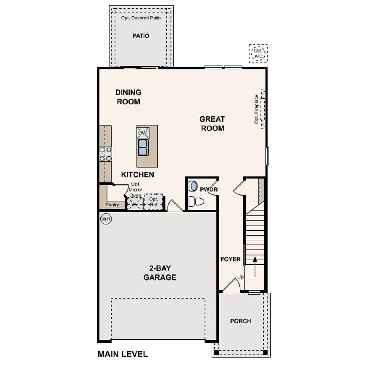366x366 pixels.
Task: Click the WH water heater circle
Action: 106,219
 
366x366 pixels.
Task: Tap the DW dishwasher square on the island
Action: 142,133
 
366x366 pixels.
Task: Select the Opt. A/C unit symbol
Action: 258,54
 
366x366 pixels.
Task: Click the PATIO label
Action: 141,36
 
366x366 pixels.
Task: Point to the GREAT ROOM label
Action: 212,124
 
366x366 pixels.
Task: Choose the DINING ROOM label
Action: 128,97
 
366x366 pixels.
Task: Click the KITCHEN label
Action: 137,175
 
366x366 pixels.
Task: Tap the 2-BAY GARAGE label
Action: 160,273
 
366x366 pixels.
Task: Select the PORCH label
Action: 241,321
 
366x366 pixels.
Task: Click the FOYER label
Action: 230,259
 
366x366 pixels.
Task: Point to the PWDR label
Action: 209,190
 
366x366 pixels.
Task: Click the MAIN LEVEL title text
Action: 123,354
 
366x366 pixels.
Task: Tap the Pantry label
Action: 112,205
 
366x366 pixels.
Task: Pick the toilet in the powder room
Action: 197,202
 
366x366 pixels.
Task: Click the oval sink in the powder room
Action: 194,186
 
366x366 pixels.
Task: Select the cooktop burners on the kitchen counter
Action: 105,154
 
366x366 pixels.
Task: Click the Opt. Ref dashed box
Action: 154,202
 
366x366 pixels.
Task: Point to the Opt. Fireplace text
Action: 256,109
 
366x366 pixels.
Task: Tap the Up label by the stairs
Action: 240,277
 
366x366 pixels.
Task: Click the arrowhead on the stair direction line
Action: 255,259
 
